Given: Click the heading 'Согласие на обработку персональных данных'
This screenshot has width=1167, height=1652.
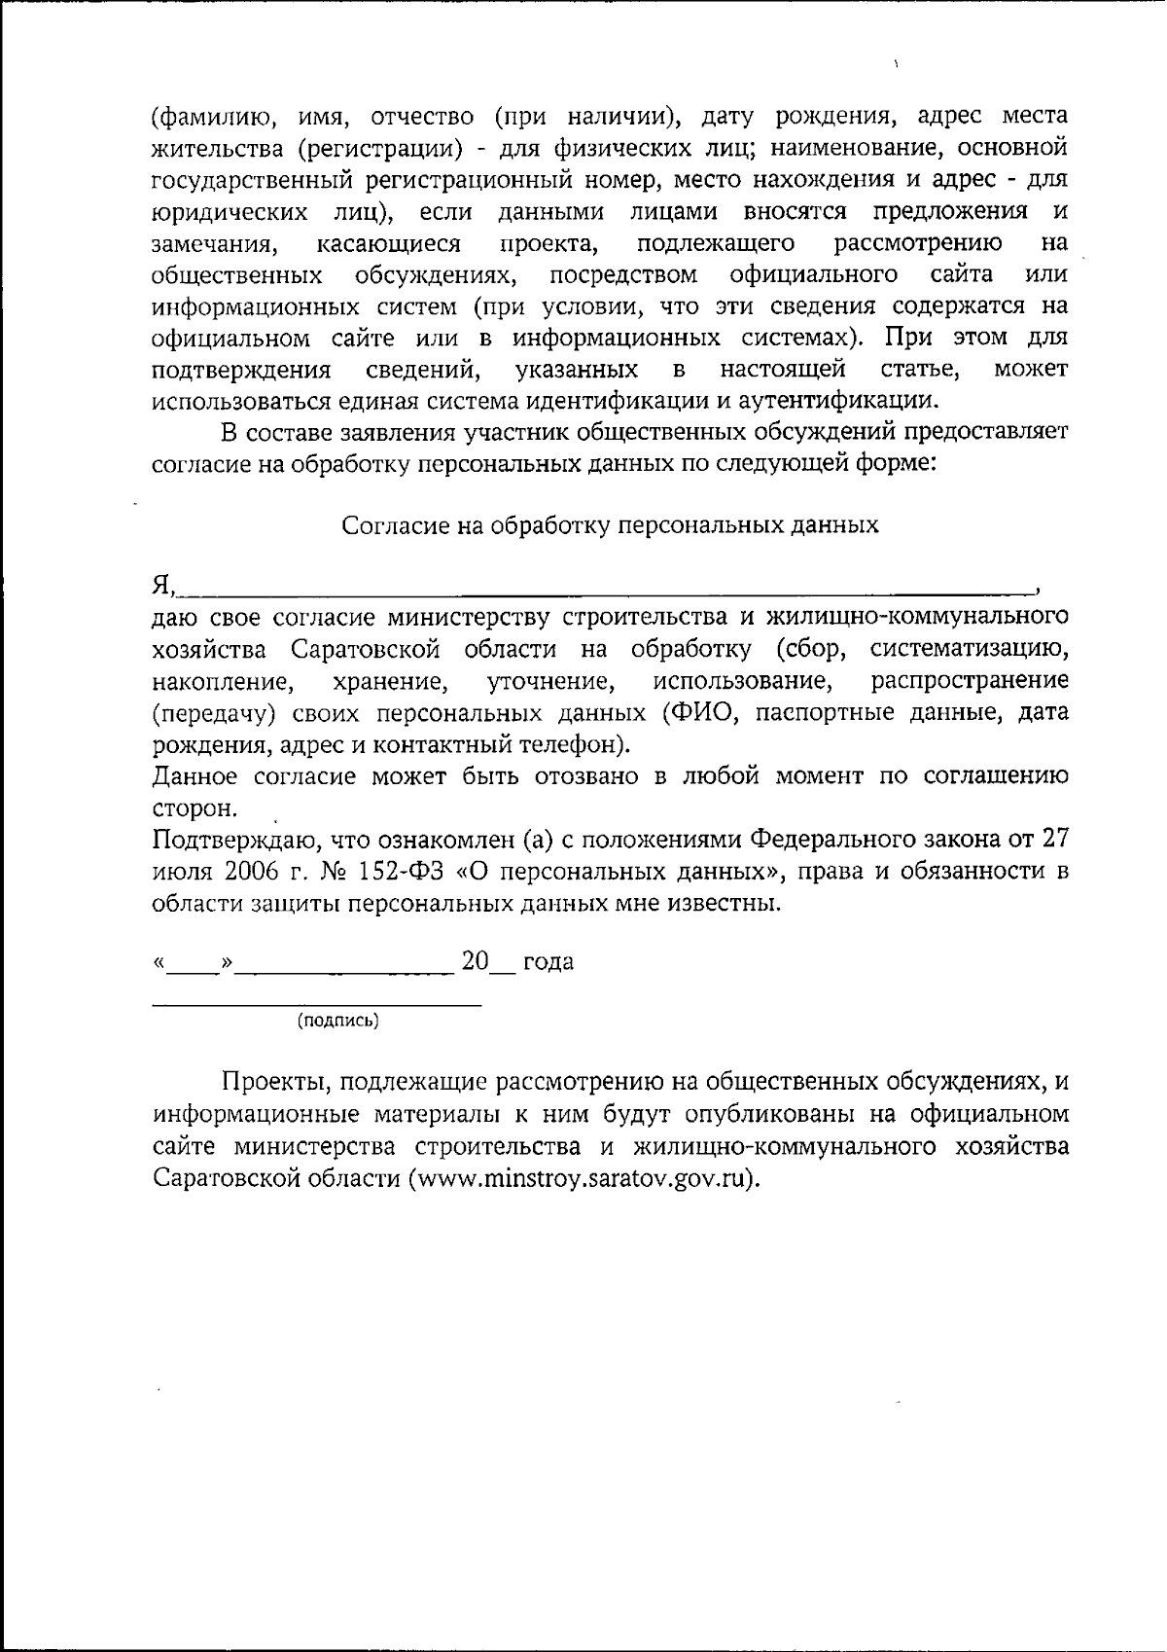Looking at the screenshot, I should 610,525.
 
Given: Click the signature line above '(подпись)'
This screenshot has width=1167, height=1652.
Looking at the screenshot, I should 317,1003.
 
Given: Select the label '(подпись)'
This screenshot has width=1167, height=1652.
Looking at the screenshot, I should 337,1021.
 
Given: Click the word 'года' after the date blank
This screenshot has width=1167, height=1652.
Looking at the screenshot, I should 548,962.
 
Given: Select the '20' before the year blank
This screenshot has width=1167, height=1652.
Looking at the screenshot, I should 475,961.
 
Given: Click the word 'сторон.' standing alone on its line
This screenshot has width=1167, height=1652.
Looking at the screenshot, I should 194,808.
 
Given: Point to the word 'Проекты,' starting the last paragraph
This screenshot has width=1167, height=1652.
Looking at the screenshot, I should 265,1082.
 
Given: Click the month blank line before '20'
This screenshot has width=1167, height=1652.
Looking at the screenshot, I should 345,969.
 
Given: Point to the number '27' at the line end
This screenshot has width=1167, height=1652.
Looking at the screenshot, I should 1055,838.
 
